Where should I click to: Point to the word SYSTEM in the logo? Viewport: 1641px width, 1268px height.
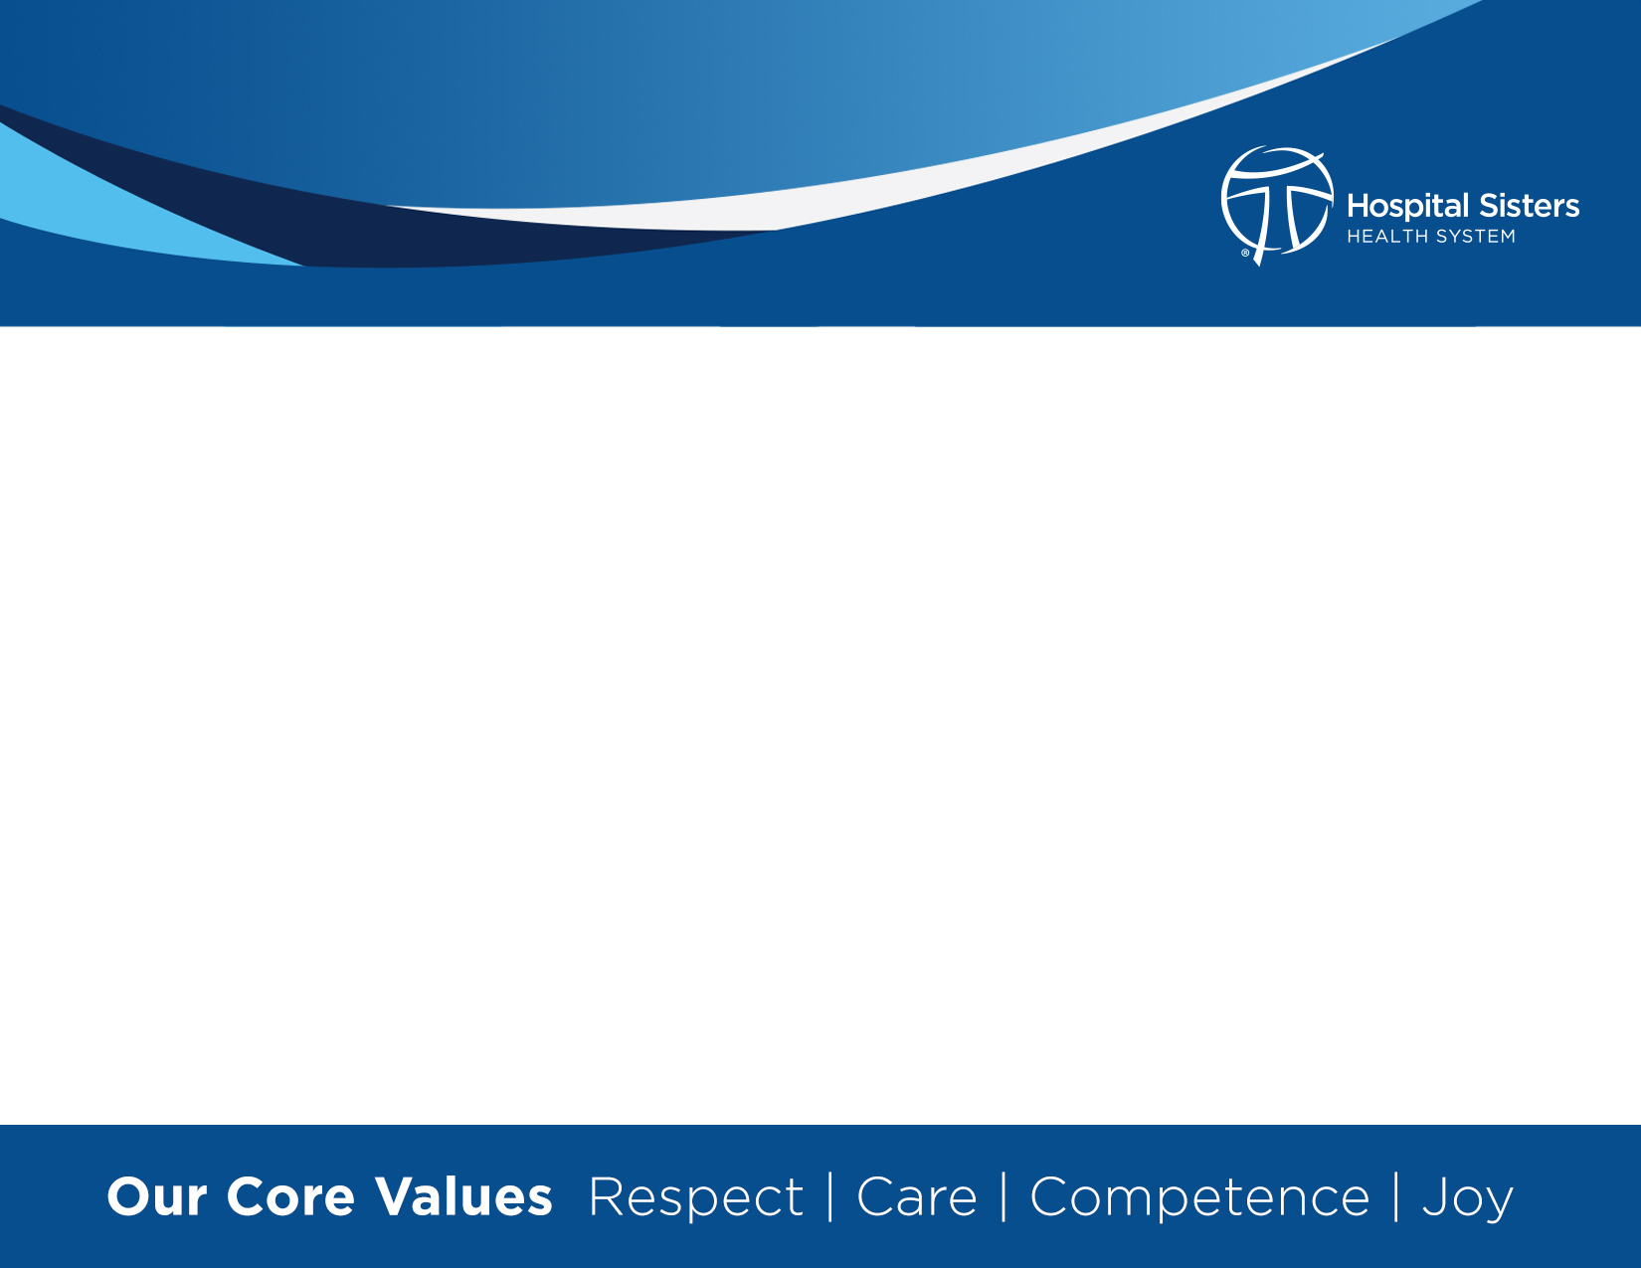pyautogui.click(x=1476, y=237)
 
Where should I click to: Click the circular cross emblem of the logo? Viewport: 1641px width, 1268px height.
pyautogui.click(x=1277, y=204)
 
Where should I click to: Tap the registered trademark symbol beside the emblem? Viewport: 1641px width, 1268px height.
pyautogui.click(x=1245, y=253)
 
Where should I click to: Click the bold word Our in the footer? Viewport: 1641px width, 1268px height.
pyautogui.click(x=156, y=1197)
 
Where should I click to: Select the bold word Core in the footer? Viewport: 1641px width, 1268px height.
pyautogui.click(x=290, y=1197)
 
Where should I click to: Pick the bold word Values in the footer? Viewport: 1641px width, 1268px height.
pyautogui.click(x=463, y=1197)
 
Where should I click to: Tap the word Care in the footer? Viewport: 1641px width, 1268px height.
pyautogui.click(x=917, y=1197)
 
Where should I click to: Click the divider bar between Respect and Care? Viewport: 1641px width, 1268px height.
pyautogui.click(x=830, y=1197)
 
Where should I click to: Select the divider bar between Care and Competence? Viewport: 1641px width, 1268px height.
pyautogui.click(x=1003, y=1197)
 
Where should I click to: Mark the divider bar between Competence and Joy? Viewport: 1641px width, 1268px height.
pyautogui.click(x=1396, y=1197)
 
